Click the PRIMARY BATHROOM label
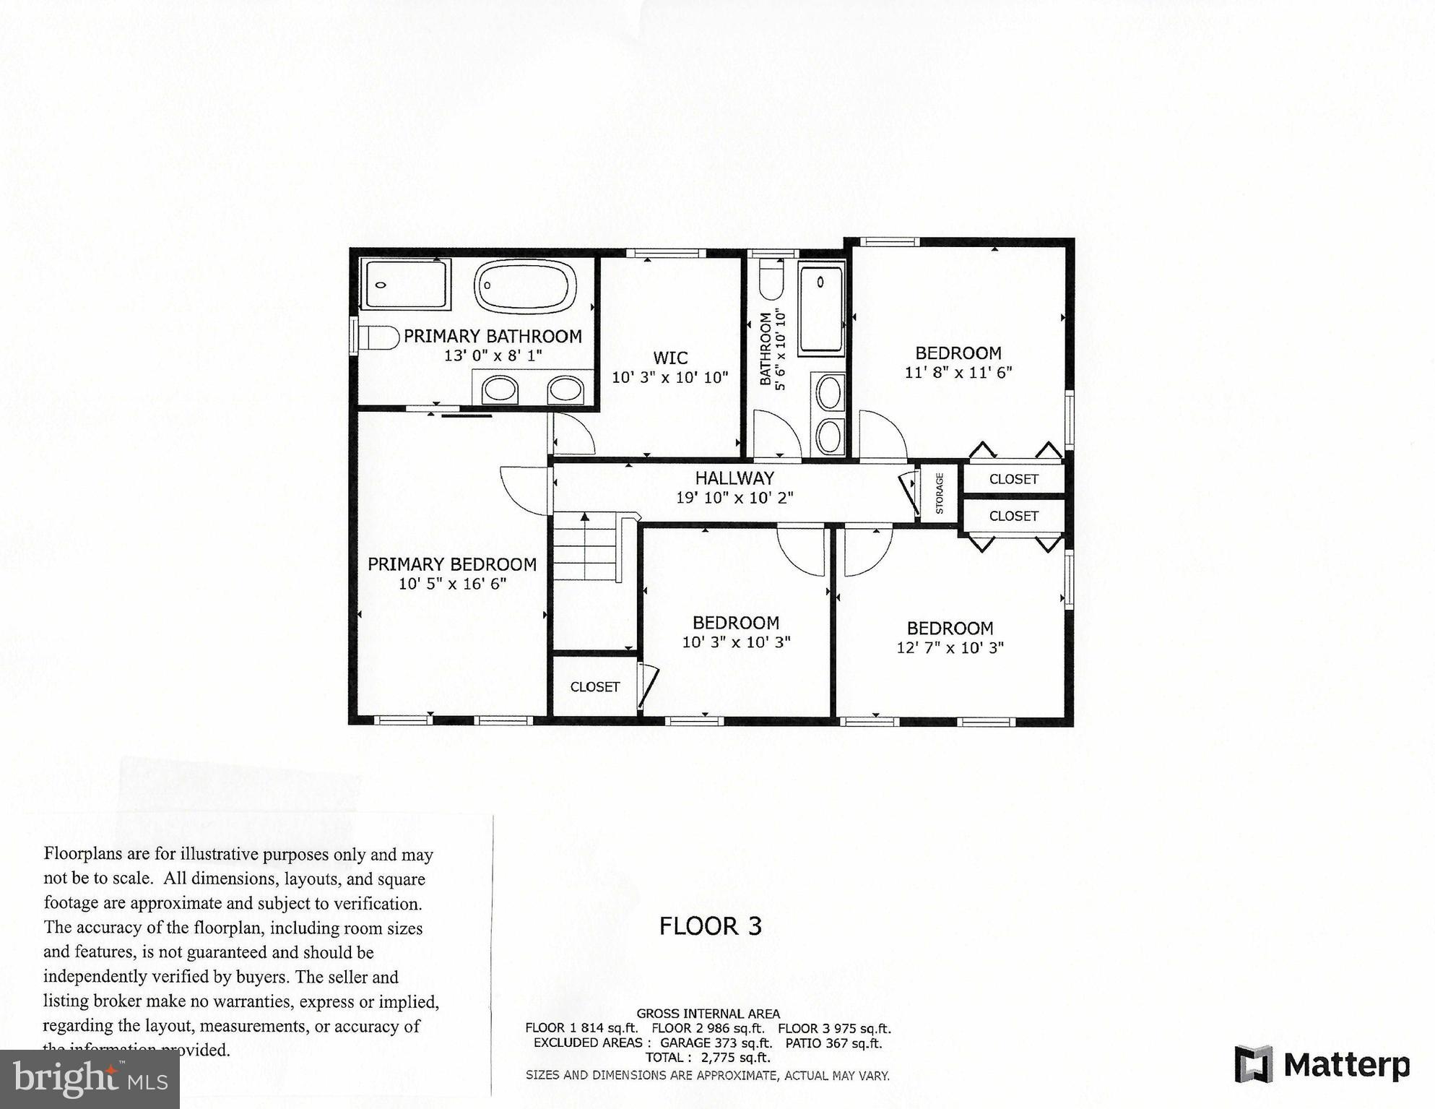(x=493, y=336)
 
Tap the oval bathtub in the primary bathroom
(x=525, y=286)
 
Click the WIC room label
(x=670, y=358)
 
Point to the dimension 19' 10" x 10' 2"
(x=734, y=498)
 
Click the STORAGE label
(x=940, y=493)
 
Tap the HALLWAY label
(x=734, y=478)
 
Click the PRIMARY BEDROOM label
(x=452, y=564)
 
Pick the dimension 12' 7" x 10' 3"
(x=950, y=648)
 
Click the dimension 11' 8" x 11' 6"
(x=958, y=373)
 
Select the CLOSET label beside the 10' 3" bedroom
(x=595, y=687)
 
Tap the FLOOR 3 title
(x=711, y=926)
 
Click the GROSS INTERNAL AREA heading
(x=708, y=1014)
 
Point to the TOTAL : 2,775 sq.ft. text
(x=708, y=1058)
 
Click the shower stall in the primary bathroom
(x=405, y=284)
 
